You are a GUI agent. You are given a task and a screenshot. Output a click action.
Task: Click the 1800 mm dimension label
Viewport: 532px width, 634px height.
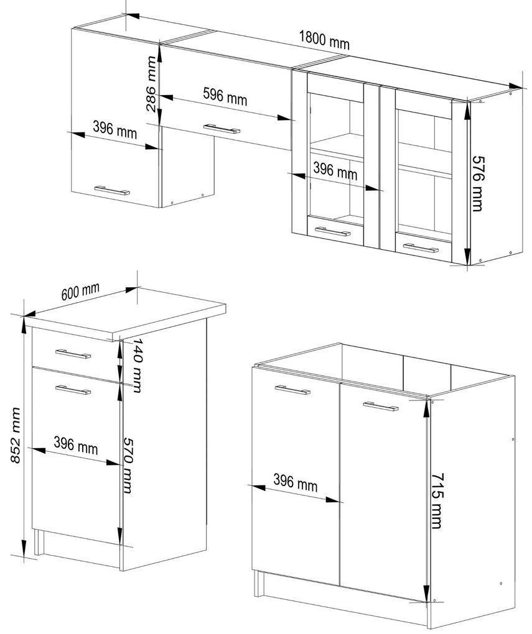(324, 40)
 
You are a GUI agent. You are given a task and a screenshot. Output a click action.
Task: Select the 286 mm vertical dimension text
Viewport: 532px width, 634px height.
(151, 84)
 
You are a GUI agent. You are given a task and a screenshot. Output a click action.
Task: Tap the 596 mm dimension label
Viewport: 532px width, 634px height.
(225, 96)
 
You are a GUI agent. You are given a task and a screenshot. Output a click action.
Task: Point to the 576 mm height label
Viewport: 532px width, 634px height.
(477, 183)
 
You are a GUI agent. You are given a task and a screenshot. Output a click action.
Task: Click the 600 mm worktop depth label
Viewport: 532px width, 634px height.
(80, 292)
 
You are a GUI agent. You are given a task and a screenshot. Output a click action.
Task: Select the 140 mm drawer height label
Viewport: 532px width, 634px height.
(138, 365)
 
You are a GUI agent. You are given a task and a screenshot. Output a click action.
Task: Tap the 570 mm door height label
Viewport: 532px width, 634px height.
(127, 465)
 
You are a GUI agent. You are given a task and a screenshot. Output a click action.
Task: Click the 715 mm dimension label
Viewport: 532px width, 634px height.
(436, 500)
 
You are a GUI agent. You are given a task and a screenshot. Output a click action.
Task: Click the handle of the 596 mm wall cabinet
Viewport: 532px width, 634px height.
(222, 129)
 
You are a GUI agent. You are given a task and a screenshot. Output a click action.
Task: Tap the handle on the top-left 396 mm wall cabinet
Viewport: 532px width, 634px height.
(112, 190)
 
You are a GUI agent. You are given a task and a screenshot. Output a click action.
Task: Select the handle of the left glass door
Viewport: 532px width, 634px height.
(332, 232)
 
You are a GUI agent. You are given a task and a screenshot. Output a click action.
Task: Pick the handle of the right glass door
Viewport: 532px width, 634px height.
(421, 248)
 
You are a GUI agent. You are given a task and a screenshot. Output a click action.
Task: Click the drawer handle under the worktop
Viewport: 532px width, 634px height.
(73, 354)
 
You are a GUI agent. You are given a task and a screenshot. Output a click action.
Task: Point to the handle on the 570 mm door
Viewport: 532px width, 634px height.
(73, 390)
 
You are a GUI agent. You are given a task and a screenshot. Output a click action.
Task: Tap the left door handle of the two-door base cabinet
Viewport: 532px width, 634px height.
(292, 390)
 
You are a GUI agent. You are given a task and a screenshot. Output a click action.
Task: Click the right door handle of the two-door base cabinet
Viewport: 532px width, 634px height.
(381, 407)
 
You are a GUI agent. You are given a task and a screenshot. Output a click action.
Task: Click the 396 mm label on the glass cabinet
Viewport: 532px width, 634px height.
(335, 171)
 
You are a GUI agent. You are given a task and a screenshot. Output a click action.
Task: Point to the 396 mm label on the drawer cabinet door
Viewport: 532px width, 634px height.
(76, 445)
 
